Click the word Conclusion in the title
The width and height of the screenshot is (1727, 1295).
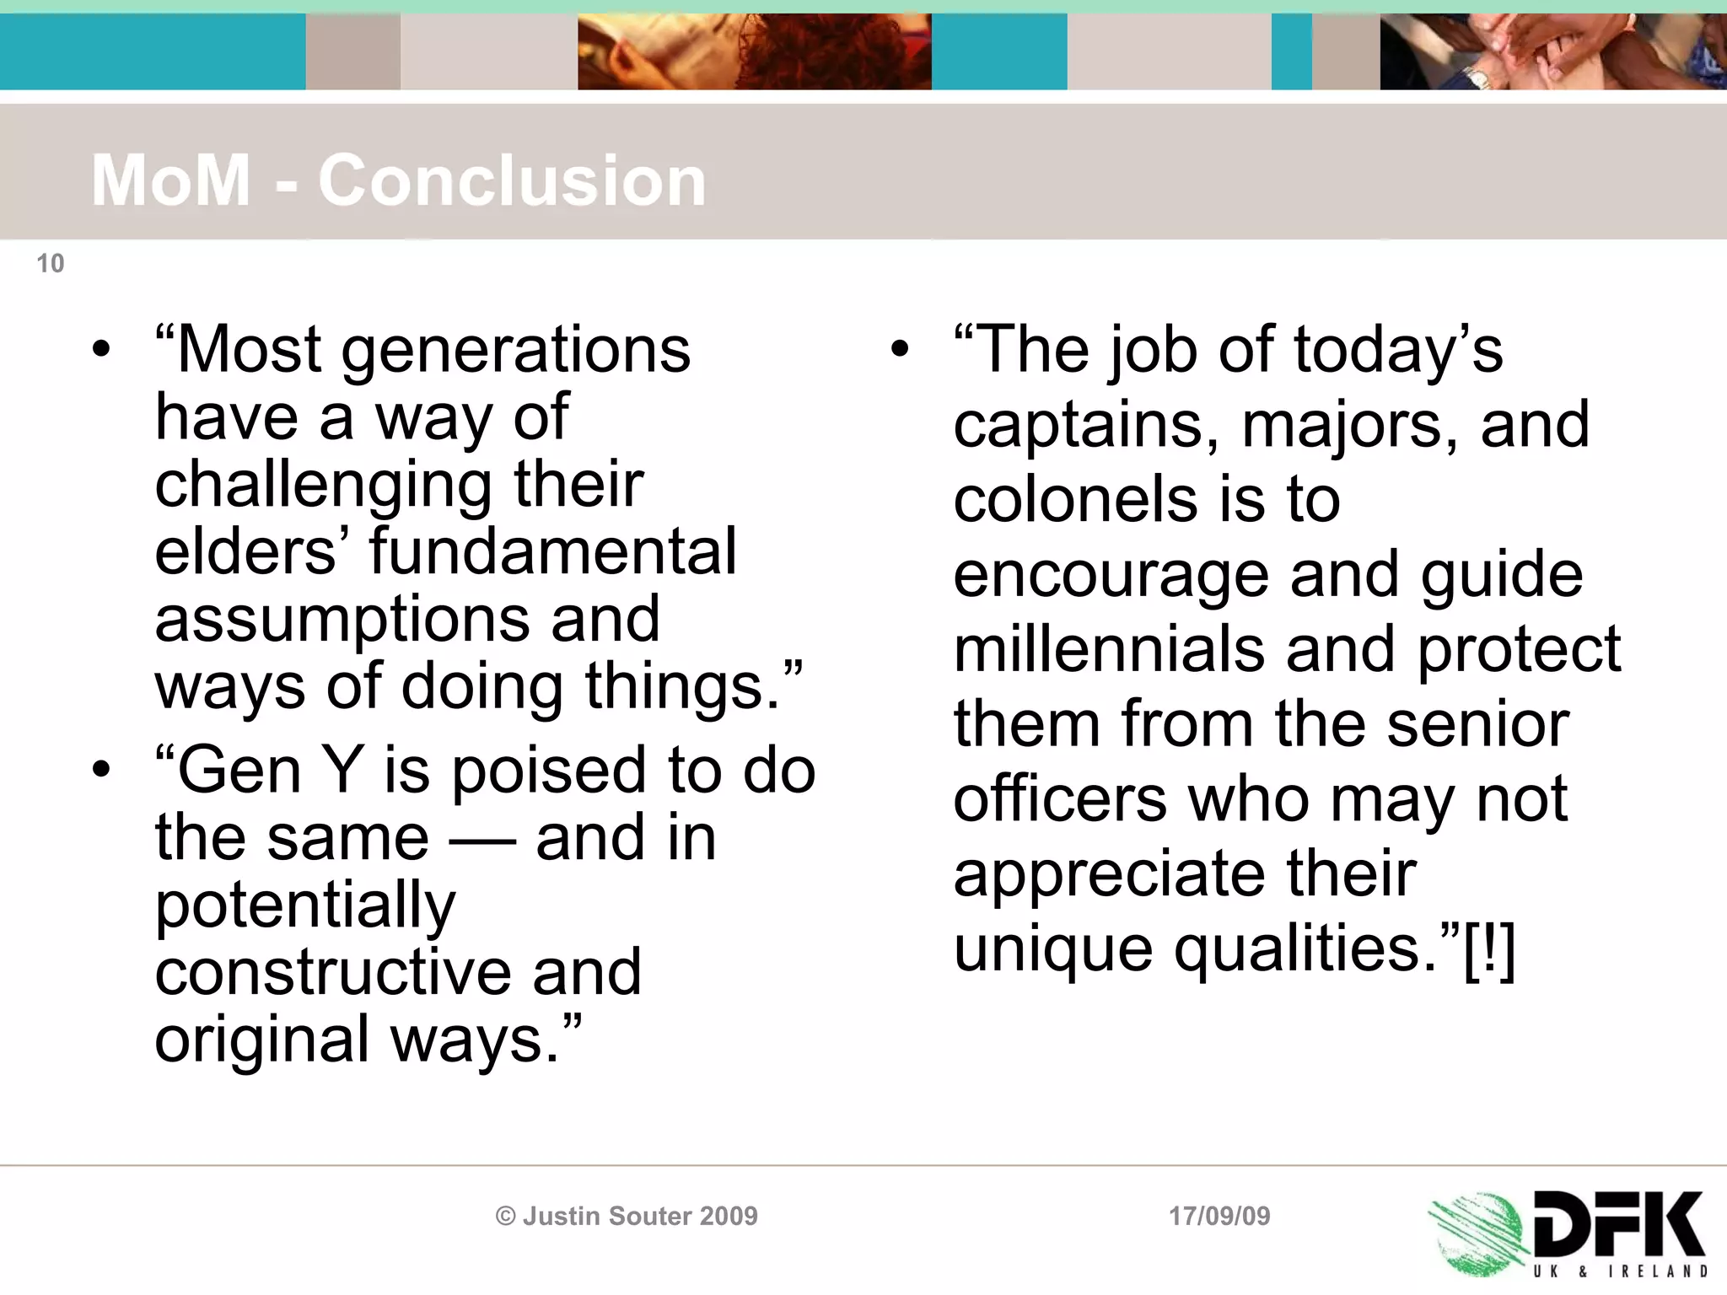(512, 180)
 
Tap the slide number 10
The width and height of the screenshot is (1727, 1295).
(51, 264)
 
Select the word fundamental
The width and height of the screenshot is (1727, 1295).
(552, 551)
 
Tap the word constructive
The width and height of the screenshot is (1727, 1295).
(333, 971)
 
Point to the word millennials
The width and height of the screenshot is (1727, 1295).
(1110, 650)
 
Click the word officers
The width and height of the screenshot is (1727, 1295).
(1060, 798)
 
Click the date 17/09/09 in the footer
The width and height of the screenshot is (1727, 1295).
(1219, 1216)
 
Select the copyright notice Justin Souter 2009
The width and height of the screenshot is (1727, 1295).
(627, 1216)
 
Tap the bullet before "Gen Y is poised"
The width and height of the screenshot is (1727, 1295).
(102, 769)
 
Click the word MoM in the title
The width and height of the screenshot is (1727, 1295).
(171, 180)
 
